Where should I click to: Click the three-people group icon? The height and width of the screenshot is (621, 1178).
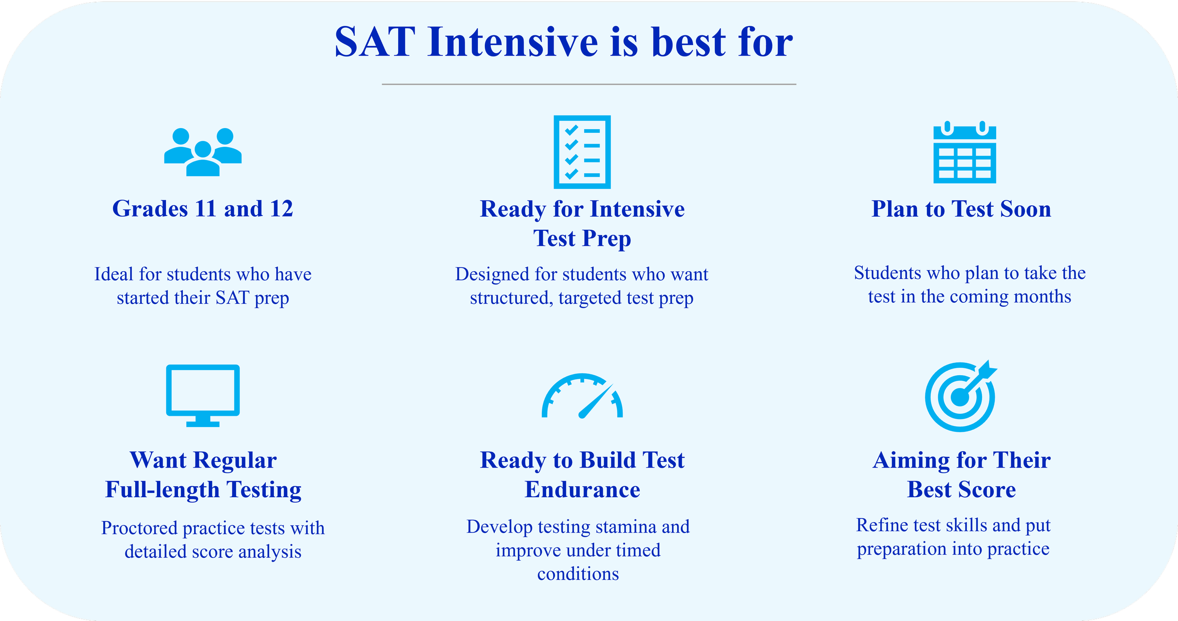point(203,152)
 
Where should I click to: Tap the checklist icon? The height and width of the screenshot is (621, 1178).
point(582,152)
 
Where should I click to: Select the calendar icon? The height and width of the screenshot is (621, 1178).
point(965,152)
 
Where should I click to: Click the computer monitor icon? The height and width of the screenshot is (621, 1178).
point(203,395)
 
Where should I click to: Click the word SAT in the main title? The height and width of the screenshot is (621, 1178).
point(375,42)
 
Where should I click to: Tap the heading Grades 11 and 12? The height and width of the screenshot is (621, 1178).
point(203,209)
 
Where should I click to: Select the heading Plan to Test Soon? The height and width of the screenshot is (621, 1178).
point(961,209)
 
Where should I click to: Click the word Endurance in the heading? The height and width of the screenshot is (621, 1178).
point(582,490)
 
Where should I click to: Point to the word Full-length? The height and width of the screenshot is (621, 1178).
point(163,490)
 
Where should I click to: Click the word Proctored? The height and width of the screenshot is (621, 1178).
point(140,528)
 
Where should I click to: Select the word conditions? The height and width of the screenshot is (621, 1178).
point(578,574)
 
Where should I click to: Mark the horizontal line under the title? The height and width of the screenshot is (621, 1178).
point(589,84)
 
